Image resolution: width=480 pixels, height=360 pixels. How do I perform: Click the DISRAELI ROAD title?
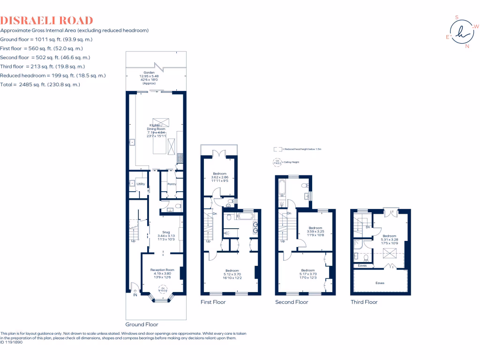46,20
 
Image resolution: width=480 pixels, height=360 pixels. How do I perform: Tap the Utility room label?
141,184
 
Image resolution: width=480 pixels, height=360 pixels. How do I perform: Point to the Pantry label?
171,184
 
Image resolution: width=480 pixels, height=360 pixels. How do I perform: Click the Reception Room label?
162,270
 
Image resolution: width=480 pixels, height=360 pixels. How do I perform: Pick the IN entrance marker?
135,295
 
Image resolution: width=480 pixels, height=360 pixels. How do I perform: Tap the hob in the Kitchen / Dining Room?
180,158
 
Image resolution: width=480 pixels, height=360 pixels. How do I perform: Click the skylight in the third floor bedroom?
389,254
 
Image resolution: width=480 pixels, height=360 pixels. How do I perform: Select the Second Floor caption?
292,302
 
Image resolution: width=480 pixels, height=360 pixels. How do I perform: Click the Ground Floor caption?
142,324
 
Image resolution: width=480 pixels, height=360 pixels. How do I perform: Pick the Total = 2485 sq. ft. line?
40,84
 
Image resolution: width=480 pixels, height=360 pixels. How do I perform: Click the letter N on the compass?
466,46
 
